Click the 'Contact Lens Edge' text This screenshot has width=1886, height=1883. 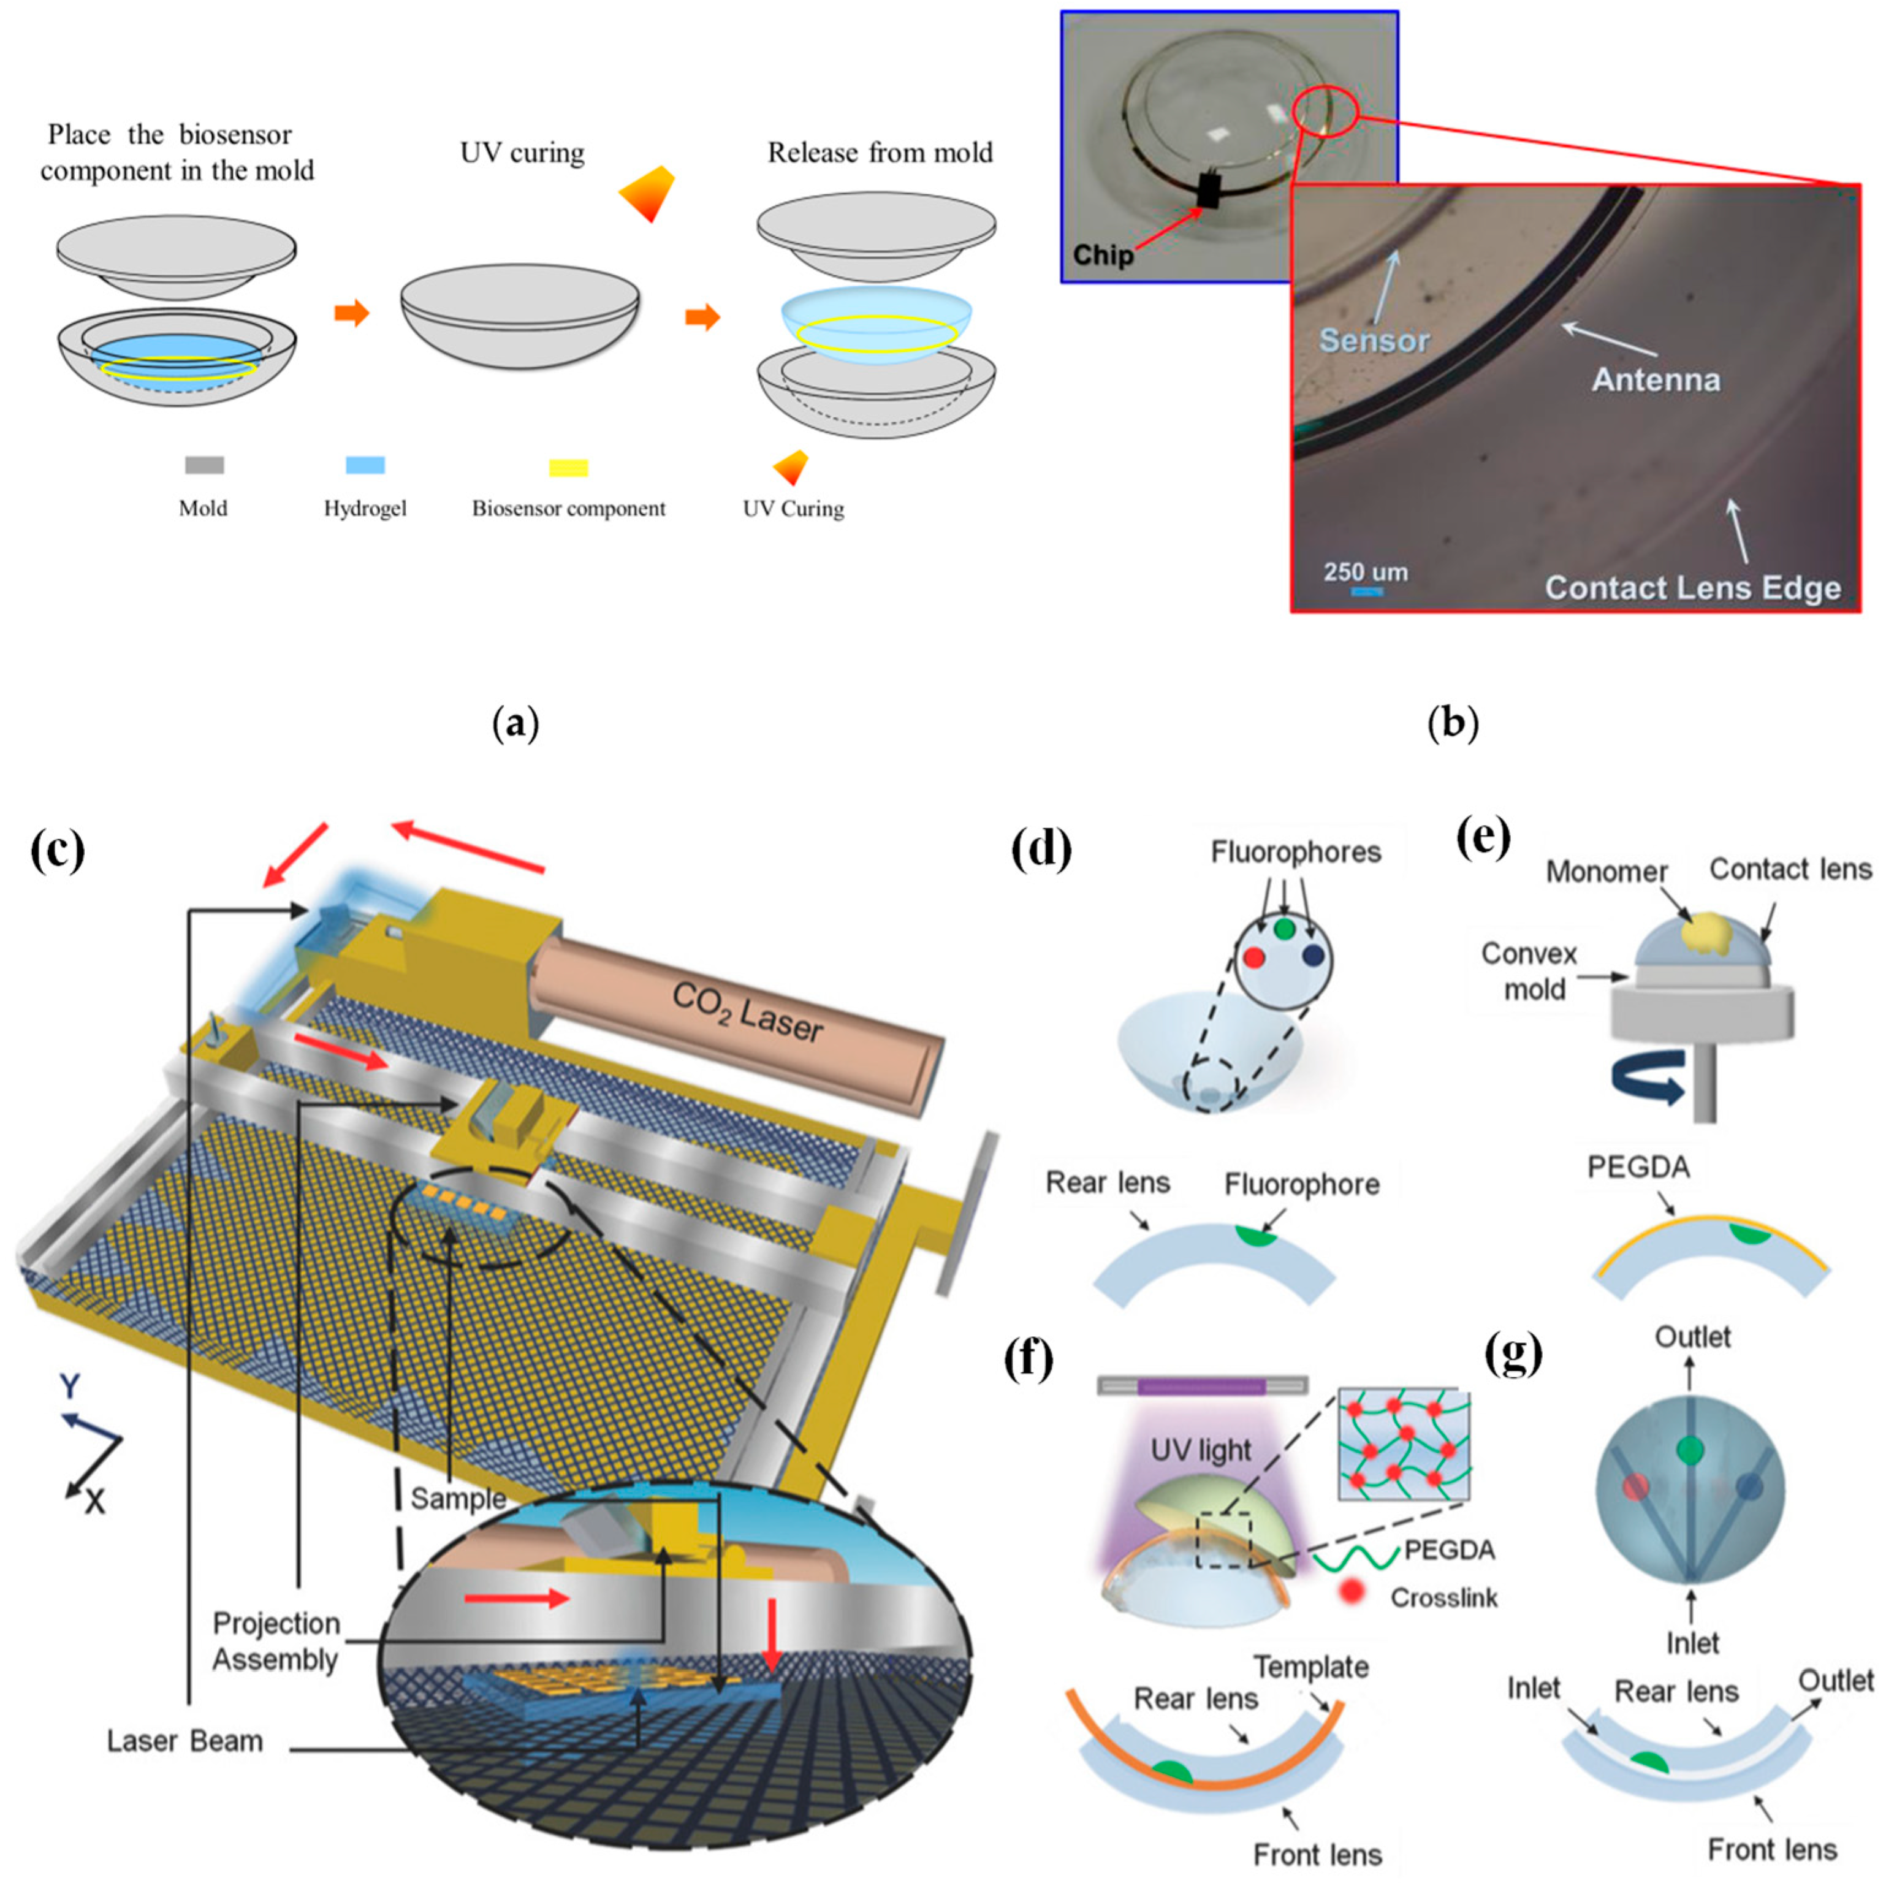[1693, 588]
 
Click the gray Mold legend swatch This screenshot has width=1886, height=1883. [204, 466]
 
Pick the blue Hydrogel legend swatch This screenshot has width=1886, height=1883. [365, 466]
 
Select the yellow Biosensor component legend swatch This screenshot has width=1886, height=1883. [568, 468]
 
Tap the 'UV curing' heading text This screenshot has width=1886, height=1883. [522, 153]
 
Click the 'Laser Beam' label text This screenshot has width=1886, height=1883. [184, 1740]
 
